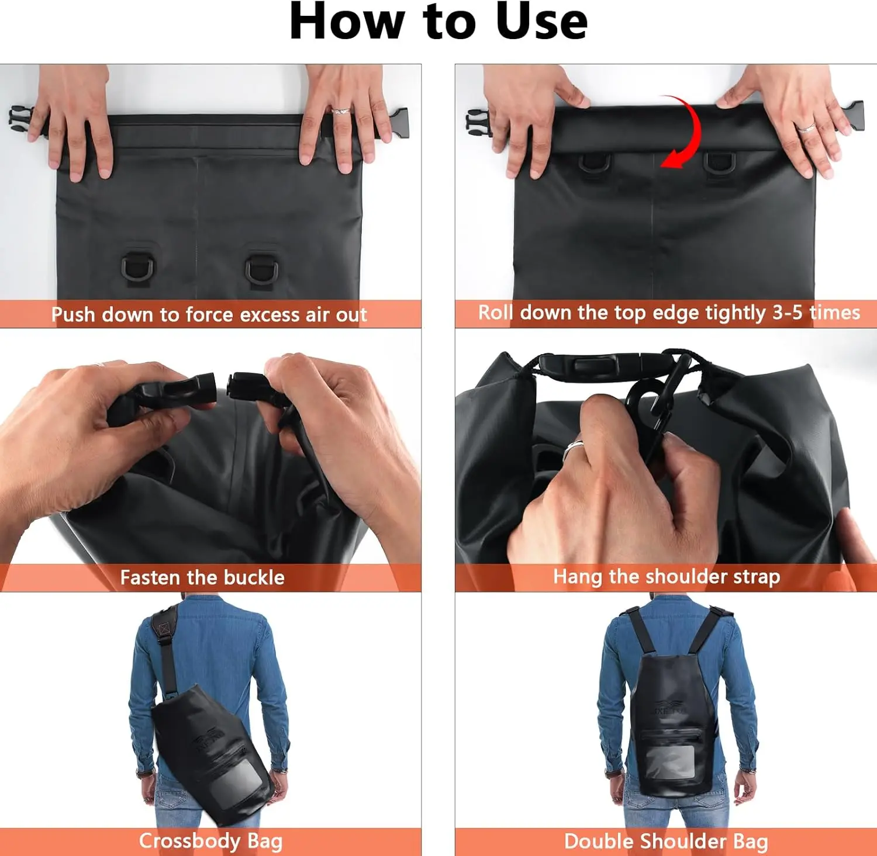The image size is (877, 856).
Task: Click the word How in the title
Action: click(x=347, y=22)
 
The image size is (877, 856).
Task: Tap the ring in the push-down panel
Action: click(x=340, y=111)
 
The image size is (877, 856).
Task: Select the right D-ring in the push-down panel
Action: click(x=261, y=271)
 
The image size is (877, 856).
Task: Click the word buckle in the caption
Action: click(x=254, y=577)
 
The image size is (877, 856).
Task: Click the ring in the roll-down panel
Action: click(x=806, y=127)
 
